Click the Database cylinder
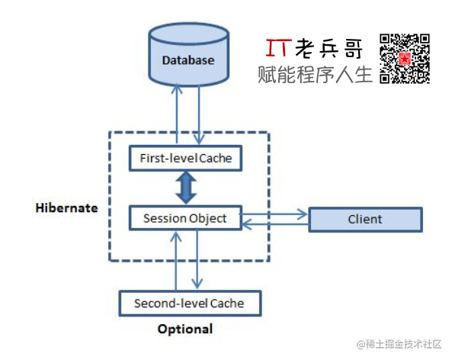(x=189, y=55)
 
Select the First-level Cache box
(x=185, y=158)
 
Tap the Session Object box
(x=185, y=218)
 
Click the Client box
(x=366, y=220)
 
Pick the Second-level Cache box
(x=190, y=304)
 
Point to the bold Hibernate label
(x=66, y=208)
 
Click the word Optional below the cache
(x=185, y=329)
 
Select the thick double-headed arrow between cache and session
(x=186, y=188)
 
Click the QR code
(x=405, y=59)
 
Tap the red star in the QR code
(x=405, y=59)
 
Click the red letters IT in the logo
(x=279, y=48)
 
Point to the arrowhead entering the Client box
(x=303, y=214)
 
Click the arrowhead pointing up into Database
(x=177, y=88)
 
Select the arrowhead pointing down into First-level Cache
(x=199, y=139)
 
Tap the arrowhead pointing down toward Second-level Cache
(x=197, y=283)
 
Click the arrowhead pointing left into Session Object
(x=246, y=224)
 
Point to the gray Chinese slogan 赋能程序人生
(x=315, y=75)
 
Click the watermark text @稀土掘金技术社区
(x=399, y=344)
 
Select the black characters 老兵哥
(x=329, y=48)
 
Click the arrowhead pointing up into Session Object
(x=176, y=237)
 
